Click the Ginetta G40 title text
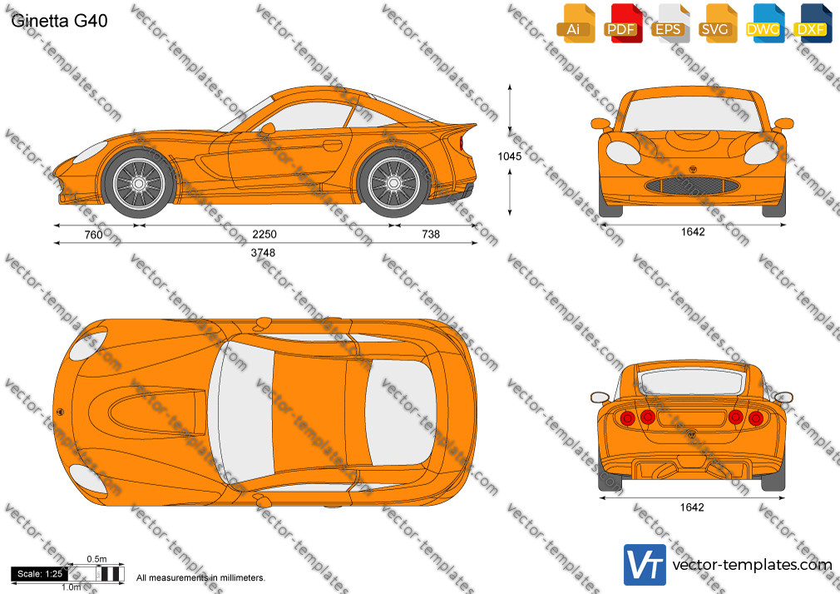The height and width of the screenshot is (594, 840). tap(59, 20)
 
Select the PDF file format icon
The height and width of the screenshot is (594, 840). tap(621, 23)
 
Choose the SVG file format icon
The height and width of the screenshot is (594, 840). tap(715, 23)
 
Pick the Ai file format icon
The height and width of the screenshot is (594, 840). tap(574, 23)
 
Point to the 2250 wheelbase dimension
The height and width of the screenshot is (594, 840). tap(264, 235)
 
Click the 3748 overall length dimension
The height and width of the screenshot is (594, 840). tap(263, 253)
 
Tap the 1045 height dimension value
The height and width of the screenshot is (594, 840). tap(510, 156)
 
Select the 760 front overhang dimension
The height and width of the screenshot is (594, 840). tap(94, 235)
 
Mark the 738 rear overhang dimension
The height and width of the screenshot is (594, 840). tap(431, 235)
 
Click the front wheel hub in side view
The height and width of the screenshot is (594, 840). tap(139, 184)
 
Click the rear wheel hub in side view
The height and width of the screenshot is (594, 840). tap(393, 183)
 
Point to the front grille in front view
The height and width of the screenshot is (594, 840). tap(692, 186)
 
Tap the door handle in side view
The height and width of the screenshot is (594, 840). tap(332, 146)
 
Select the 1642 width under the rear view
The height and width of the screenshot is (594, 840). tap(692, 507)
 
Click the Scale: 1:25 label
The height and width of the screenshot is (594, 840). tap(40, 574)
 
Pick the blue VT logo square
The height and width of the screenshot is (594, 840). tap(645, 565)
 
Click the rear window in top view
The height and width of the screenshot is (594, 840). tap(400, 413)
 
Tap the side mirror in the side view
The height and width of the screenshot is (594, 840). tap(267, 128)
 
